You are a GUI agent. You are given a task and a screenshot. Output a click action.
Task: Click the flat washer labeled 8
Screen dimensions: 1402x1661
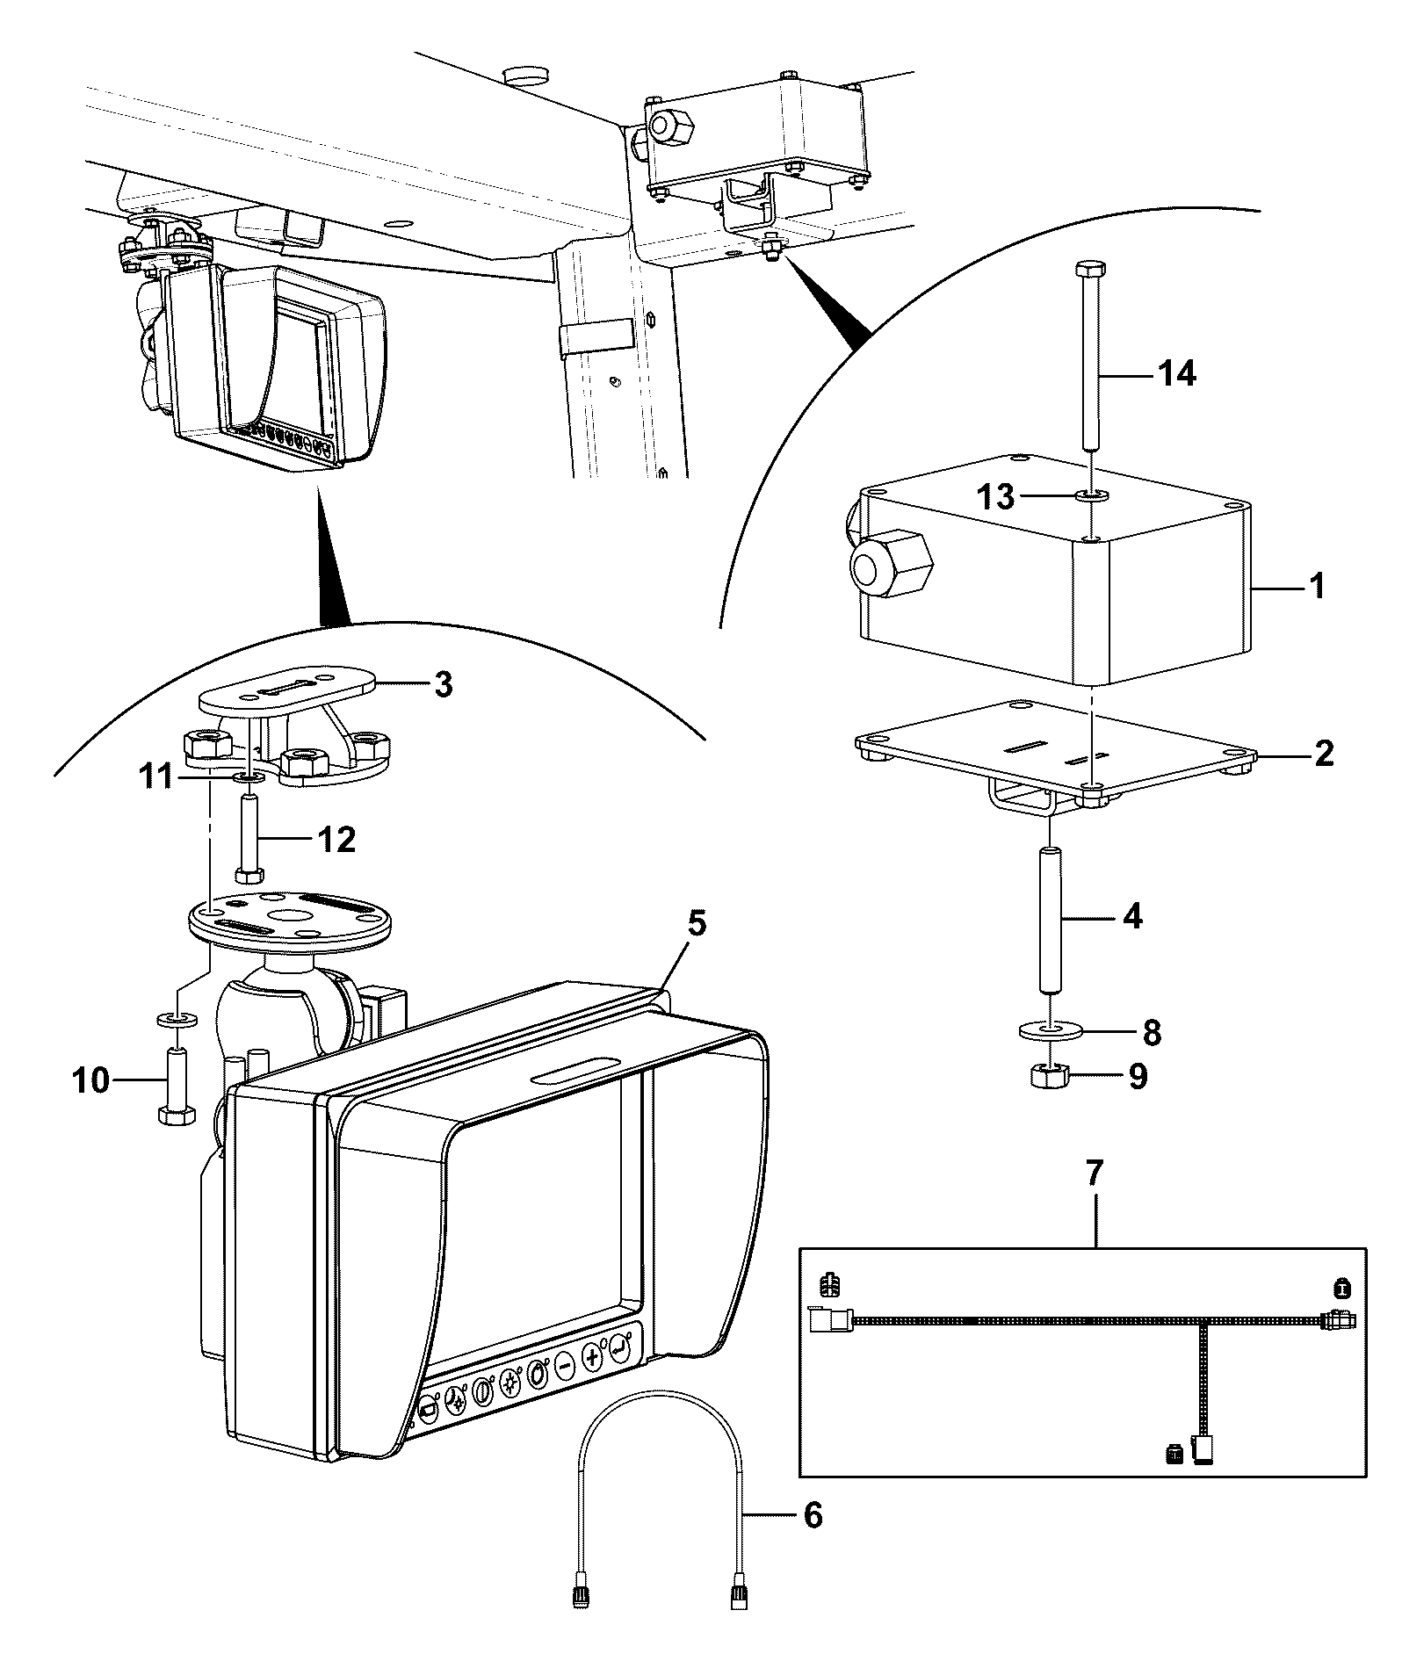[x=1051, y=1029]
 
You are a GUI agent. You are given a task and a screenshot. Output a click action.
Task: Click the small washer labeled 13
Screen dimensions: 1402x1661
[x=1092, y=496]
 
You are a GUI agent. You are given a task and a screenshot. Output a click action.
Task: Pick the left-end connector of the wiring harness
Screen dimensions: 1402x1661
[x=827, y=1319]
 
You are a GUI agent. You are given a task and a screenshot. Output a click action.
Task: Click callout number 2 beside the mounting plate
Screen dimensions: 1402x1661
[x=1323, y=752]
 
